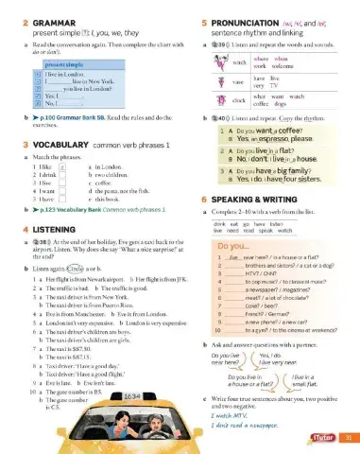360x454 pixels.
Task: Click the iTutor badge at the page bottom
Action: click(x=321, y=438)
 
